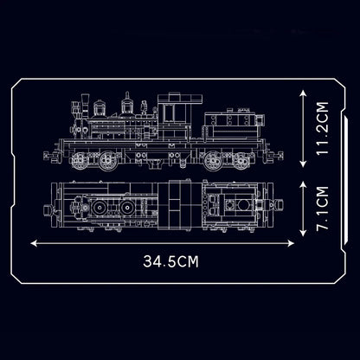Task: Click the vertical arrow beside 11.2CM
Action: (299, 128)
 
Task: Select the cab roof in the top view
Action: (177, 204)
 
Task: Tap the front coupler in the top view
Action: (48, 205)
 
